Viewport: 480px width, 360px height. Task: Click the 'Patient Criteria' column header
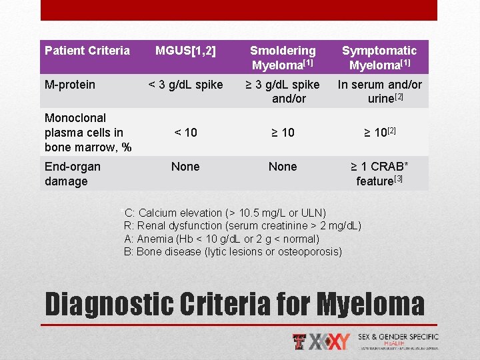click(87, 51)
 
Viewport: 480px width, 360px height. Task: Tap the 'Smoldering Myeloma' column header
click(283, 57)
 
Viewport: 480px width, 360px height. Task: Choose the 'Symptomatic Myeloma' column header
click(379, 57)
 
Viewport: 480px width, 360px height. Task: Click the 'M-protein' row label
click(70, 85)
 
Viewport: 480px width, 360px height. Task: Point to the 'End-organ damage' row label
click(73, 173)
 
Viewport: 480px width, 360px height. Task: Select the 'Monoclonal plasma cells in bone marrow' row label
click(84, 132)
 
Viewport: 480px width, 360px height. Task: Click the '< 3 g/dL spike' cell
click(185, 85)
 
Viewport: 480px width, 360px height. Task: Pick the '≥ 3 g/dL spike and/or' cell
click(283, 91)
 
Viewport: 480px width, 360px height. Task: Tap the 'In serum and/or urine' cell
click(379, 91)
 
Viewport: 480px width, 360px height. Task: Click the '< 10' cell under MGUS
click(185, 133)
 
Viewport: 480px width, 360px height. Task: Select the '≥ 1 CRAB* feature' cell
click(379, 173)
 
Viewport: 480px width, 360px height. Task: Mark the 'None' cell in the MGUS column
click(185, 167)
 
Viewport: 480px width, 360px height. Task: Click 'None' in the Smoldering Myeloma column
click(283, 167)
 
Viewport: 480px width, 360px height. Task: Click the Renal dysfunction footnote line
click(243, 226)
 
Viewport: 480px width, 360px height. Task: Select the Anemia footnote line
click(221, 239)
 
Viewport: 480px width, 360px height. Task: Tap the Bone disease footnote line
click(233, 251)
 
